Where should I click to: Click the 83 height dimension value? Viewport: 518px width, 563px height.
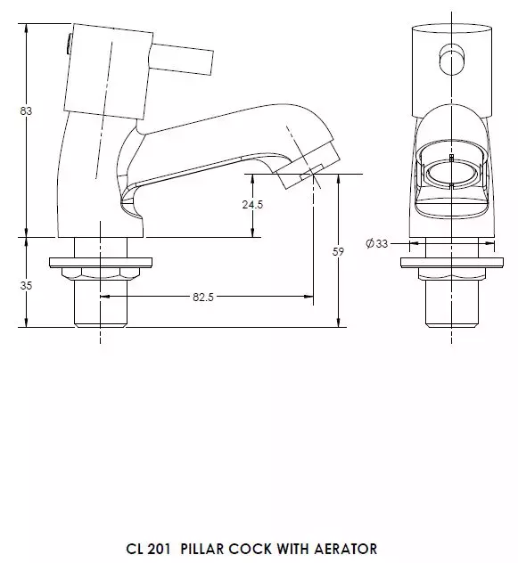26,111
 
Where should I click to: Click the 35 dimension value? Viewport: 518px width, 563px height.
26,286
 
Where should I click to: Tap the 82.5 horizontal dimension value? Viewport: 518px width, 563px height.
203,297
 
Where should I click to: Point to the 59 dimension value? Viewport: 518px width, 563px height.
338,252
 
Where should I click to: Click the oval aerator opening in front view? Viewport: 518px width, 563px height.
451,173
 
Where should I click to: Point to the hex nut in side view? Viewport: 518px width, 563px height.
100,274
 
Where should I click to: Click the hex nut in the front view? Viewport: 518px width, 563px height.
451,274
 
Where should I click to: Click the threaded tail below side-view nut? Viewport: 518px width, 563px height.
100,307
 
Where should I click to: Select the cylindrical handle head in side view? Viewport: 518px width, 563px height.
100,67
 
